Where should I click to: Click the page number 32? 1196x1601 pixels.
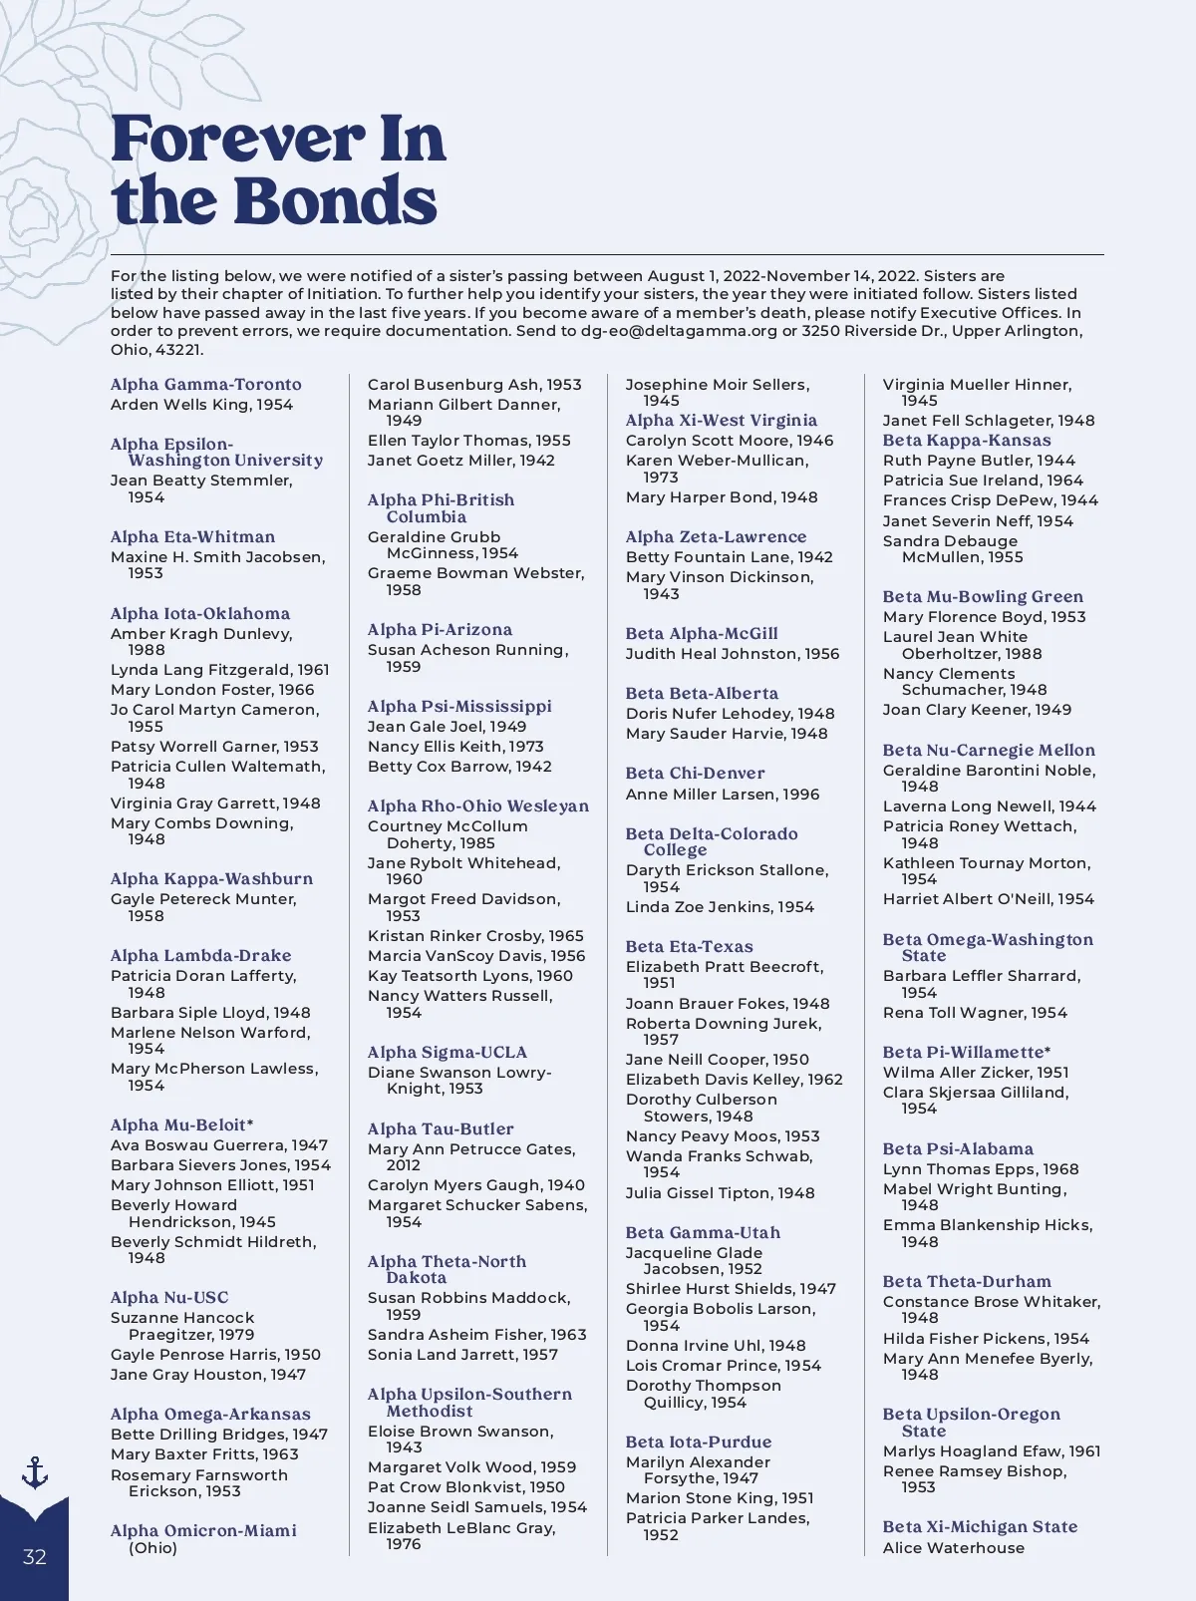click(x=35, y=1557)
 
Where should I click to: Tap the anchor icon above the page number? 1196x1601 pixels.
click(x=35, y=1472)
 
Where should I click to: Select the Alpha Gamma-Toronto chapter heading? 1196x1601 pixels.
click(x=205, y=385)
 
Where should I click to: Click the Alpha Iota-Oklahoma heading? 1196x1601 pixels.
click(x=200, y=614)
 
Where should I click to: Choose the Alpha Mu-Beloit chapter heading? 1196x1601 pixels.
click(x=181, y=1125)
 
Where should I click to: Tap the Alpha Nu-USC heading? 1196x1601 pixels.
click(x=169, y=1298)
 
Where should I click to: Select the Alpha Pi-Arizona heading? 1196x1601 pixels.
click(x=440, y=630)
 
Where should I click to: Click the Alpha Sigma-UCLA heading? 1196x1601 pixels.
click(x=448, y=1053)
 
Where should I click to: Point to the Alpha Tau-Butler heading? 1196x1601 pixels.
click(x=441, y=1129)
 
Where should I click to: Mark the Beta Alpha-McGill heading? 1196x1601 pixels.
click(x=702, y=634)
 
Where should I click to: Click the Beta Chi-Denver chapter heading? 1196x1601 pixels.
click(x=696, y=774)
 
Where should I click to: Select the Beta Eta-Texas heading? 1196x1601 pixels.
click(x=690, y=947)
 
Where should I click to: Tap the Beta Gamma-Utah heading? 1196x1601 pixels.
click(x=703, y=1233)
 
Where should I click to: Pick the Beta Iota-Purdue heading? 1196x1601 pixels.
click(x=699, y=1442)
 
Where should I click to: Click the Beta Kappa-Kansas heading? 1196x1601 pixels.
click(x=967, y=441)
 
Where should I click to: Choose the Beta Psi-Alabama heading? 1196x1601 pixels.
click(x=958, y=1149)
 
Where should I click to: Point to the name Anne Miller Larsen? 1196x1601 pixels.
click(x=723, y=795)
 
